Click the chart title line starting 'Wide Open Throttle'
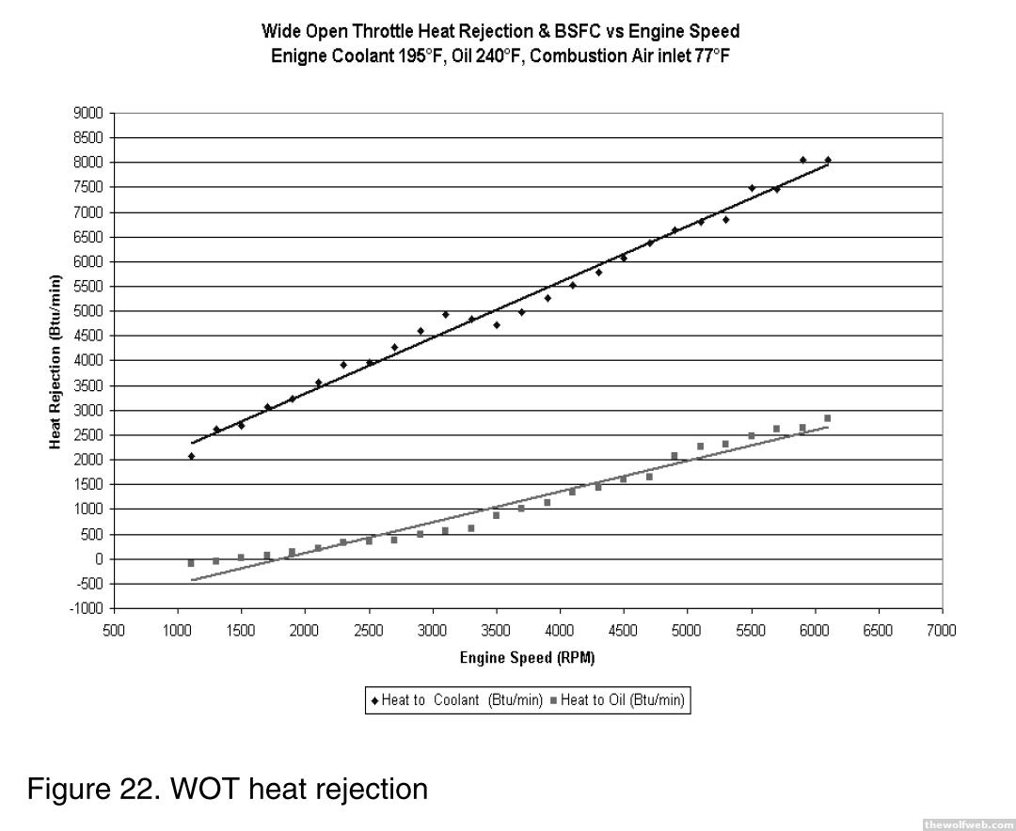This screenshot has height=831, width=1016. point(500,32)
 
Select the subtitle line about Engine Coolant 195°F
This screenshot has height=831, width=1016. point(500,55)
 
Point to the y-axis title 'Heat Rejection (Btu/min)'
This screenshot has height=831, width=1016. point(56,362)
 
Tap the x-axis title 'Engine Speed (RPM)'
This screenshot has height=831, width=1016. point(527,658)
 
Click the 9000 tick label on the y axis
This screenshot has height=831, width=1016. point(89,113)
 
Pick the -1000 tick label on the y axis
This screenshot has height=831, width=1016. point(87,608)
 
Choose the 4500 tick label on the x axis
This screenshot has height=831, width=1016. point(623,630)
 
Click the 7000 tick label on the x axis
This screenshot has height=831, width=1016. point(941,630)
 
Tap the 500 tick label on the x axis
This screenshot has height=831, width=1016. point(114,630)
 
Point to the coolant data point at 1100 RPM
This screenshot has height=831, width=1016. point(191,456)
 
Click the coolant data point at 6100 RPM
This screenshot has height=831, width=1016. point(828,160)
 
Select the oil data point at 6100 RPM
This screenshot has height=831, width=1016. point(828,418)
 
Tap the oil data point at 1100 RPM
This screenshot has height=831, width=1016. point(191,563)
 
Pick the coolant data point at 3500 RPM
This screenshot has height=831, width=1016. point(497,325)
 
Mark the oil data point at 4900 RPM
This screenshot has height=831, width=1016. point(675,456)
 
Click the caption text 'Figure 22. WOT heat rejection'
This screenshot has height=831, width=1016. point(228,788)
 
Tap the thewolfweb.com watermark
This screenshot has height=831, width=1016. point(968,823)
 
